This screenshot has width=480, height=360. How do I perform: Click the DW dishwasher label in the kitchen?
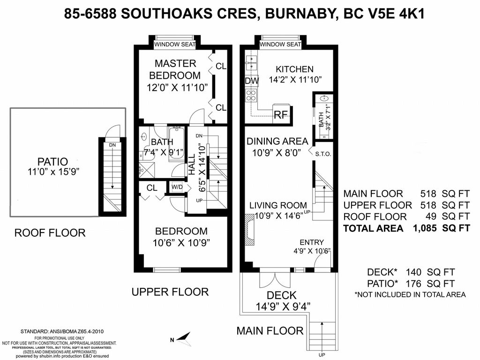coord(252,81)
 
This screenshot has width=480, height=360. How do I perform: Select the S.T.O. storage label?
coord(323,153)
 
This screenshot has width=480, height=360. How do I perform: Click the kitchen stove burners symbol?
coord(251,96)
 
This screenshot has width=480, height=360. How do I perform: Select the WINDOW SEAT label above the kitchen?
coord(280,44)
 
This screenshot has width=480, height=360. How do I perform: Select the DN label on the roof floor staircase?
coord(112,145)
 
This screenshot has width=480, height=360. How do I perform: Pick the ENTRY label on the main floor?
coord(312,242)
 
